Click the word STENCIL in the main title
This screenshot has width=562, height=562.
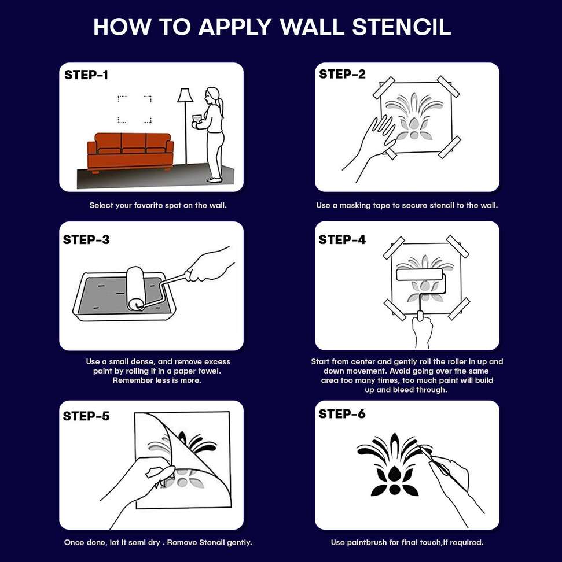click(401, 27)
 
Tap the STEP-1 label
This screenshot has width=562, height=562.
click(86, 75)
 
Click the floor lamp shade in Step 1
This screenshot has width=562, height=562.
click(185, 95)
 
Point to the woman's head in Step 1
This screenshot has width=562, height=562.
click(212, 95)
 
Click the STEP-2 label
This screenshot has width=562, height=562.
click(342, 74)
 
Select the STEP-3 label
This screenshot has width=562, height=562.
click(86, 239)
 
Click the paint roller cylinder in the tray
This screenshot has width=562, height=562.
click(135, 289)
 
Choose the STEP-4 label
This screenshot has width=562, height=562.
click(342, 239)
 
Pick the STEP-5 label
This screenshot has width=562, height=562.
click(86, 416)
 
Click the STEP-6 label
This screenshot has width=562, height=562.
click(342, 414)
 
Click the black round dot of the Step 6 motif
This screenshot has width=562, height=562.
click(394, 489)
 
